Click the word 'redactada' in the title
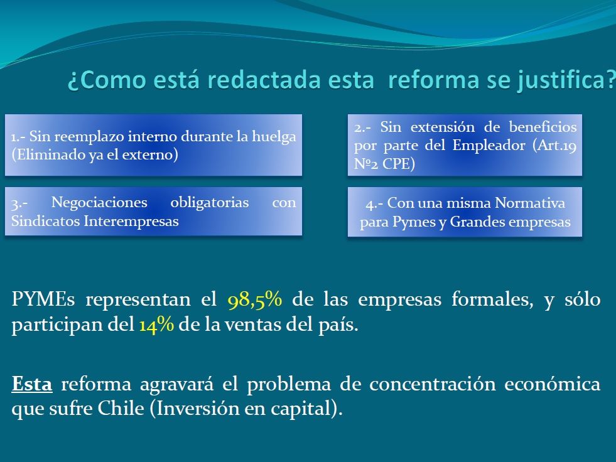tap(264, 80)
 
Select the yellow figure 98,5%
tap(254, 300)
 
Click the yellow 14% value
tap(156, 325)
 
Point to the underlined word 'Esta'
tap(32, 384)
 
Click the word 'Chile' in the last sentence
tap(121, 409)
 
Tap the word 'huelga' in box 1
tap(274, 137)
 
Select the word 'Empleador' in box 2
tap(489, 146)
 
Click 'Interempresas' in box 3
tap(131, 221)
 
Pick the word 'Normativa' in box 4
tap(530, 203)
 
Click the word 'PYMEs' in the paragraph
tap(43, 299)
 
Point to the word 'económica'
tap(553, 384)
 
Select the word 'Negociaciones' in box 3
tap(99, 202)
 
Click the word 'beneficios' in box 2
tap(543, 127)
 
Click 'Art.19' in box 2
tap(554, 146)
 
